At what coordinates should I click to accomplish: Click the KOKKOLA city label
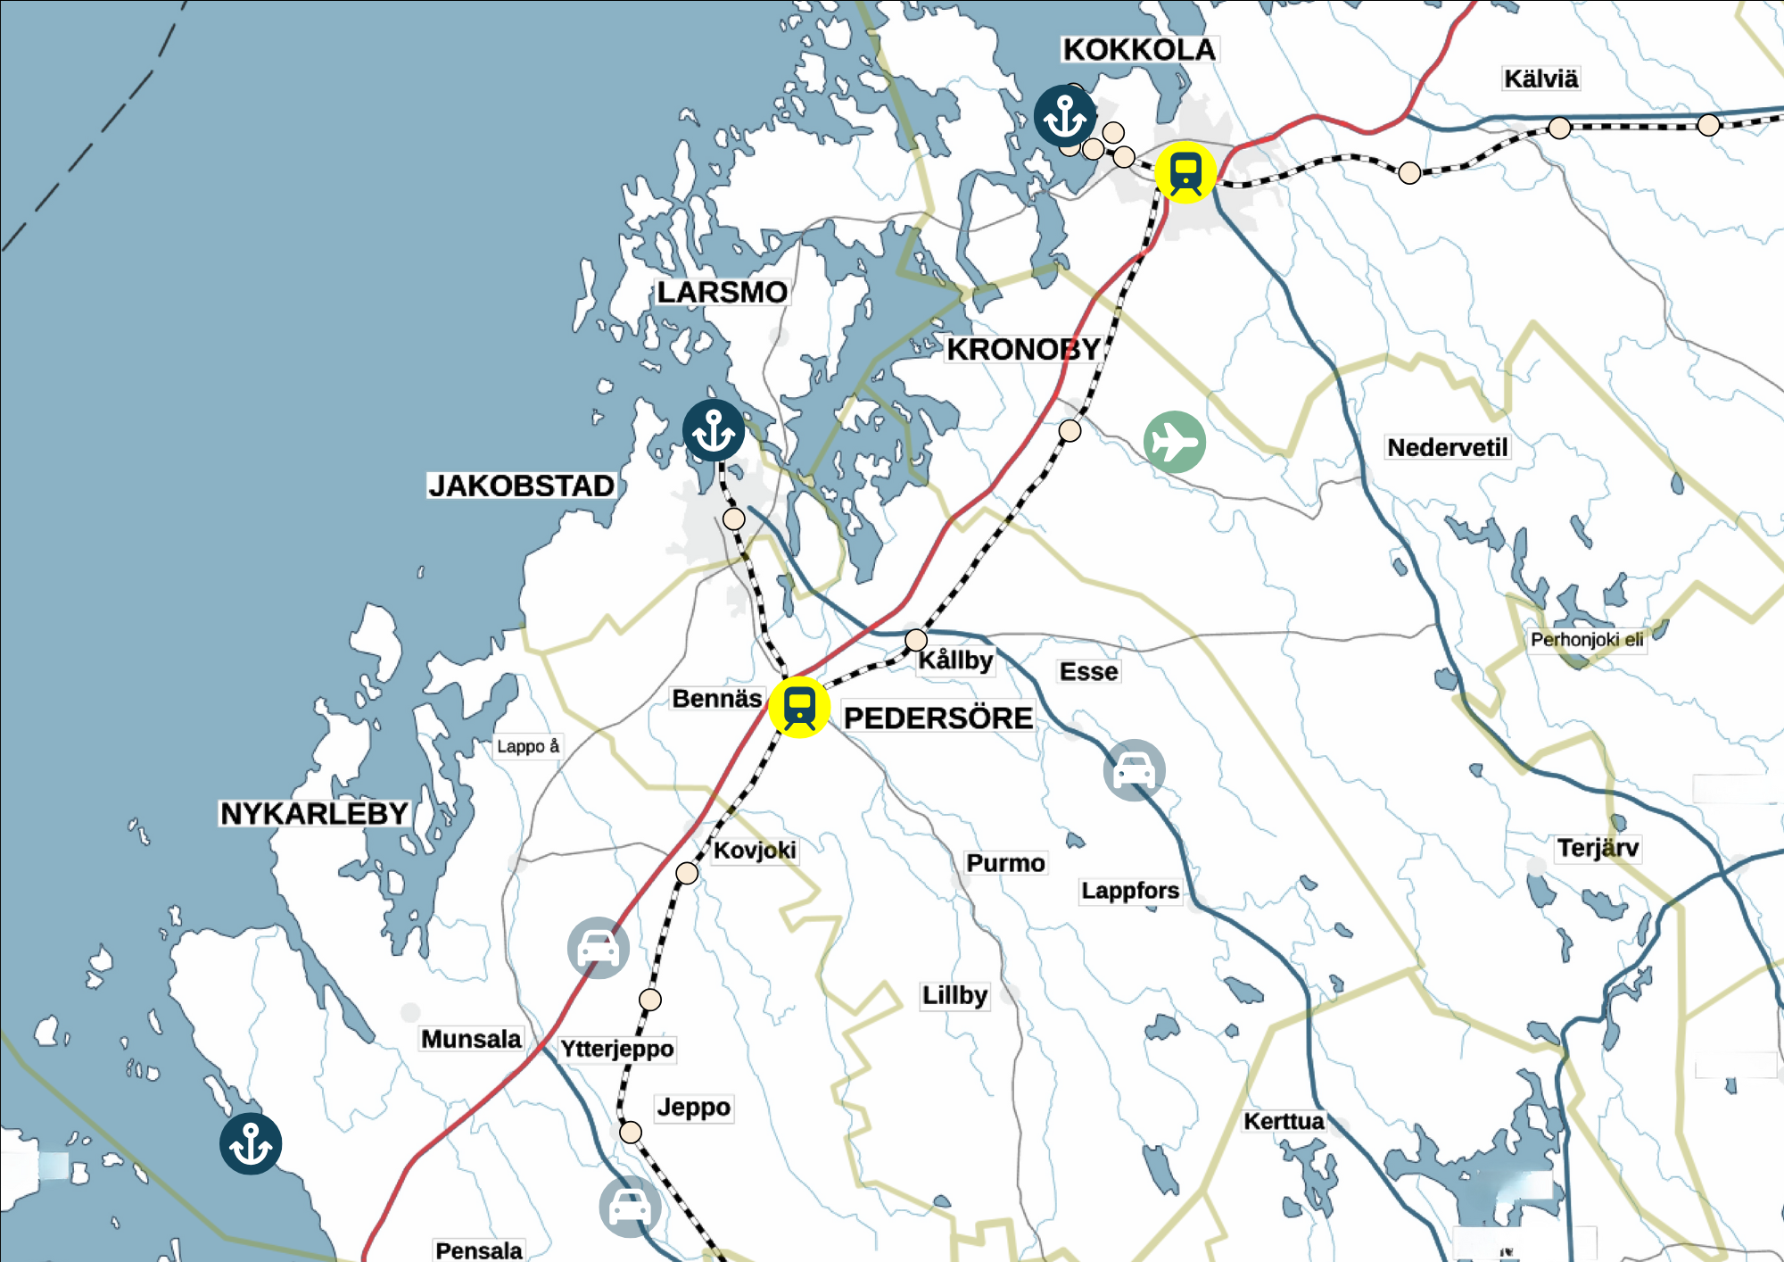1139,50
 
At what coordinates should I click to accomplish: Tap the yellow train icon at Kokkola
1185,172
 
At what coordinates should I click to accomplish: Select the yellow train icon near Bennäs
799,707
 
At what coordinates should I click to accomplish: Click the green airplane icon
1174,442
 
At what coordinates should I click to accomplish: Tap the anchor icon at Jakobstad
714,430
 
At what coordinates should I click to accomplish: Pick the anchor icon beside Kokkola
1065,116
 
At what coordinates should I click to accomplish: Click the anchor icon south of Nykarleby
251,1143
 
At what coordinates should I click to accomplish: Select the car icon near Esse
1134,769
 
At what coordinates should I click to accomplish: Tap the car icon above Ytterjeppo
599,948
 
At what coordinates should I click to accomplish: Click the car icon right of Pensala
630,1208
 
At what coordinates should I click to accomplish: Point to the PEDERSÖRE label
937,718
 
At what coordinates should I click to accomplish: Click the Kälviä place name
1540,79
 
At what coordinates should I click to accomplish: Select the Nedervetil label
1447,447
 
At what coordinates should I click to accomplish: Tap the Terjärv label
1598,848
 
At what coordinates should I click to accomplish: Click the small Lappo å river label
528,746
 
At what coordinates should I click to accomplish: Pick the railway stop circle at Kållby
916,640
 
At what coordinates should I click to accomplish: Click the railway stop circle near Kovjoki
687,873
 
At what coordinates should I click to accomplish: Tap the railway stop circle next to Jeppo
631,1133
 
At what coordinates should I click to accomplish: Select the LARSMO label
722,293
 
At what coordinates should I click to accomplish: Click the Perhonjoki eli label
1586,640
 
